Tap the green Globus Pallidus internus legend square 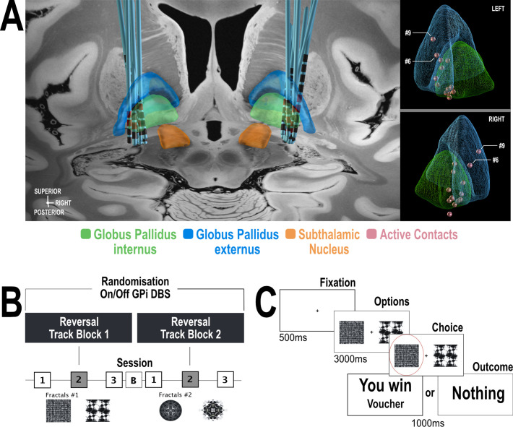point(86,234)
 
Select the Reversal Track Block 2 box point(189,326)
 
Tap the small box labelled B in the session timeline point(132,378)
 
